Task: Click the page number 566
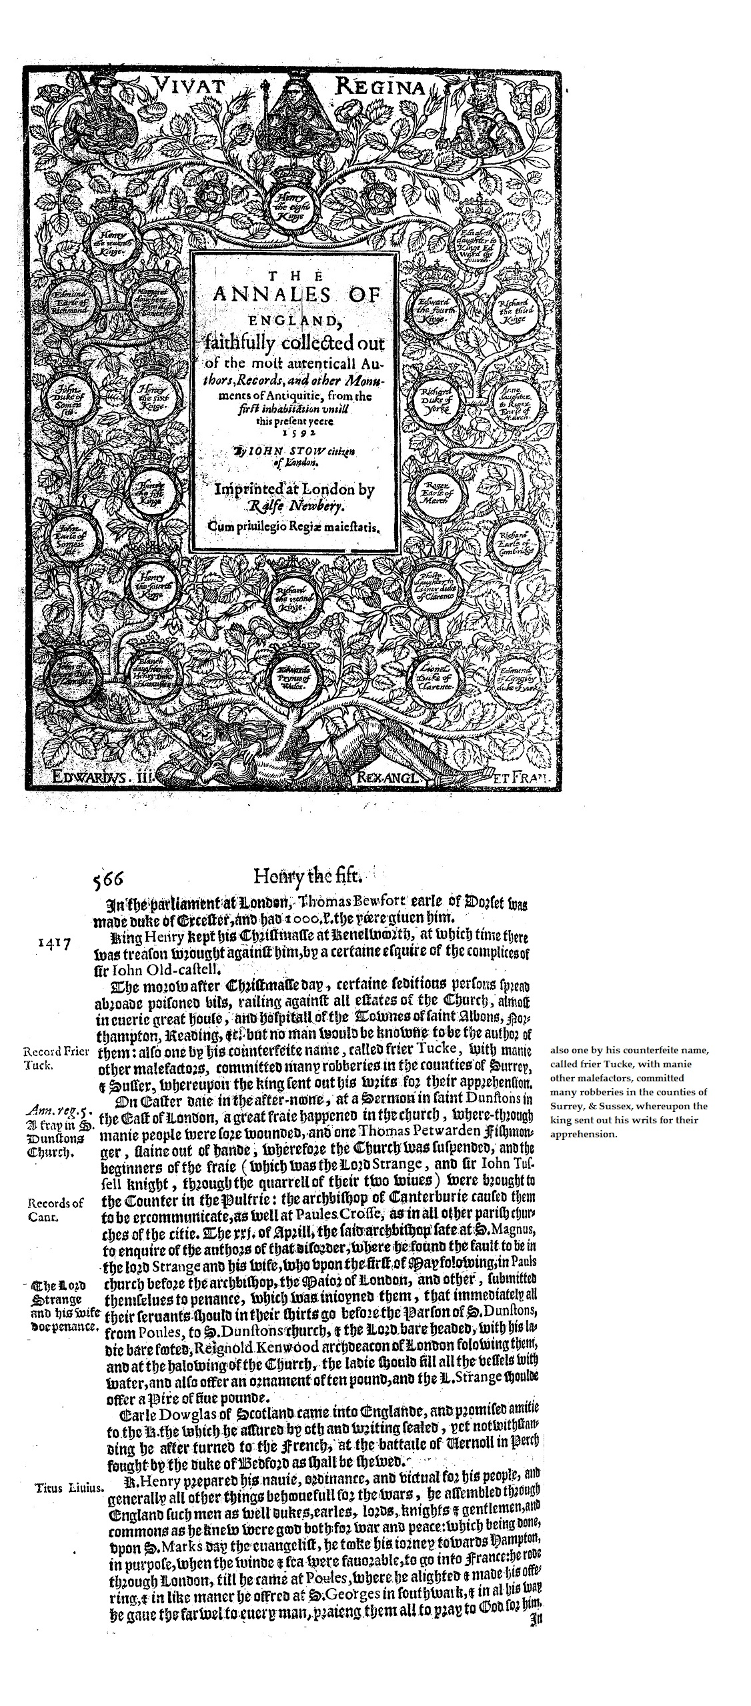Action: [x=111, y=877]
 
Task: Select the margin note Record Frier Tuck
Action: [x=56, y=1059]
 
